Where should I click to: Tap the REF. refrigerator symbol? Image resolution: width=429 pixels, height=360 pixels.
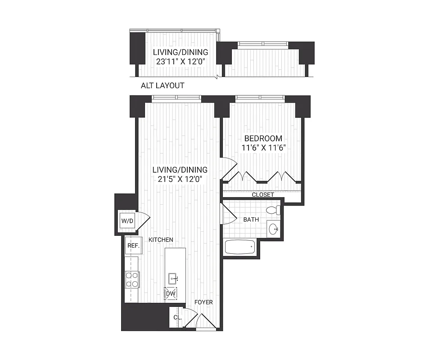(132, 246)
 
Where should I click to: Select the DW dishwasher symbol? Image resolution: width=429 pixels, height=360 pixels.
(171, 293)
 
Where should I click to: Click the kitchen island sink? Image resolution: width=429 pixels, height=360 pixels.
(172, 279)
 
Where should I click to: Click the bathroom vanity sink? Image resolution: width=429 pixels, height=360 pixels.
(273, 229)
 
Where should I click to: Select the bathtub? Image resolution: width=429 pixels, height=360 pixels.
(239, 247)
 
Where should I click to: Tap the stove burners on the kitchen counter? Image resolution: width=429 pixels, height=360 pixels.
(132, 279)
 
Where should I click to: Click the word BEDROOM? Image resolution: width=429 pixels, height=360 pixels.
(263, 139)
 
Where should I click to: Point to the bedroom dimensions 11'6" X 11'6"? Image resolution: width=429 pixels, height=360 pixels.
(263, 148)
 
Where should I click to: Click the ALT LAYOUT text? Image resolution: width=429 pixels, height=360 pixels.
(162, 85)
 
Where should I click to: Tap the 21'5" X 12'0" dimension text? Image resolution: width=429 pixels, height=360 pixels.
(180, 179)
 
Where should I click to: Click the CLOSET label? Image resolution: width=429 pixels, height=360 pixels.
(263, 195)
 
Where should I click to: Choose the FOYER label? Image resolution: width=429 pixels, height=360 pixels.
(203, 302)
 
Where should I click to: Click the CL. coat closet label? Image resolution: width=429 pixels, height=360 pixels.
(177, 318)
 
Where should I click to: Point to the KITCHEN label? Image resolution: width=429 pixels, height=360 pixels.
(161, 240)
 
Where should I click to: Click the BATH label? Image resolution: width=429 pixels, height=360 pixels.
(250, 220)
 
